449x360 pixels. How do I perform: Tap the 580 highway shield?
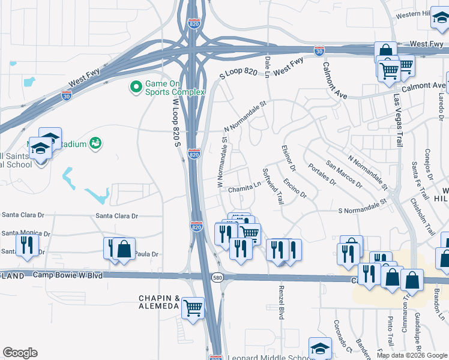click(218, 277)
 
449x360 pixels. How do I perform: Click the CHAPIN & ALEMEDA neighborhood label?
click(159, 302)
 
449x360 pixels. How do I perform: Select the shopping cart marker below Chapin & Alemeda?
click(193, 308)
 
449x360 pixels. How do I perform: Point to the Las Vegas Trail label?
click(397, 120)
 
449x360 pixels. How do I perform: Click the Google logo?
click(20, 353)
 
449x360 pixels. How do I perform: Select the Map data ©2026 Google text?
click(412, 355)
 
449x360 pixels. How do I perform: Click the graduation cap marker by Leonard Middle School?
click(320, 348)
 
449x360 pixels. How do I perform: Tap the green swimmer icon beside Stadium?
click(95, 143)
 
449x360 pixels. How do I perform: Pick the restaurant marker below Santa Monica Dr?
click(27, 245)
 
